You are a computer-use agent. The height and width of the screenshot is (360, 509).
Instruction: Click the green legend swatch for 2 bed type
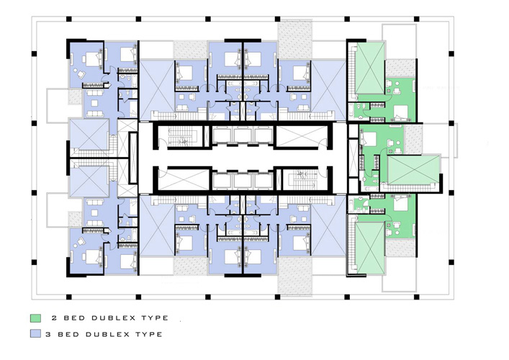[36, 318]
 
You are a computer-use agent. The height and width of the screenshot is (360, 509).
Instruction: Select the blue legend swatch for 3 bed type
[36, 333]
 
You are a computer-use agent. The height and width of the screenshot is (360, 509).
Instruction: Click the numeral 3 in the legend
[49, 334]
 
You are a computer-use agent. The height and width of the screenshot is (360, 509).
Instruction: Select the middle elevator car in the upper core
[243, 135]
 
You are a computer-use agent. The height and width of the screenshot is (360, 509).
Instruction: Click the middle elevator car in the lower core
[243, 181]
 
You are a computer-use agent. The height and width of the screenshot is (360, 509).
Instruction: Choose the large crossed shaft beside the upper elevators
[301, 136]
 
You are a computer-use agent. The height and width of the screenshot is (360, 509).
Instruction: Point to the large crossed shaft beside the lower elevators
[184, 179]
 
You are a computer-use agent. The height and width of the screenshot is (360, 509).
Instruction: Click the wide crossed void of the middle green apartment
[414, 170]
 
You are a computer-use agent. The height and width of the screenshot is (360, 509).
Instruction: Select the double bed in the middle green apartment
[369, 139]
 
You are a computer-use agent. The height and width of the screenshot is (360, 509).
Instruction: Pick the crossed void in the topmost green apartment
[370, 68]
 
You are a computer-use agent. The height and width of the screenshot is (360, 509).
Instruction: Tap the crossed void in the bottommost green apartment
[370, 248]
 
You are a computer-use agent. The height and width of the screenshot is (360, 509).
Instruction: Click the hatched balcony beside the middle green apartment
[413, 140]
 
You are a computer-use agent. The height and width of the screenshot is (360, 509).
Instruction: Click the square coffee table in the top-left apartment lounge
[94, 103]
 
